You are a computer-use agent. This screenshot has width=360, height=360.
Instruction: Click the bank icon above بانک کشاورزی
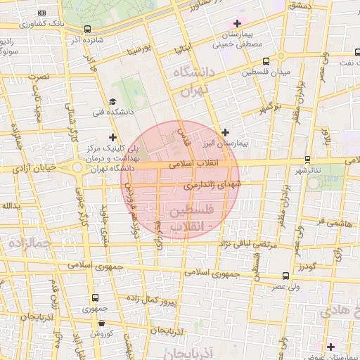[42, 13]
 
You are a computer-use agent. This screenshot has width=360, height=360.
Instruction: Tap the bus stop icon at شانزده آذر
[87, 30]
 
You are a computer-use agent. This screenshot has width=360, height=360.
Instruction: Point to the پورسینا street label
[137, 52]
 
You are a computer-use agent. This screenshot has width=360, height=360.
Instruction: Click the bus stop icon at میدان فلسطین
[281, 56]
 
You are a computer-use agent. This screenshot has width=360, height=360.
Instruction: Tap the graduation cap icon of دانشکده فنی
[112, 102]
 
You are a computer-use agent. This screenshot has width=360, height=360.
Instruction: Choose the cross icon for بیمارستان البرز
[225, 132]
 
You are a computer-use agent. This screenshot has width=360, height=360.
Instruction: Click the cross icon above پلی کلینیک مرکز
[112, 136]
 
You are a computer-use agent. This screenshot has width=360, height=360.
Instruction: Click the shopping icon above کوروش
[102, 323]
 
